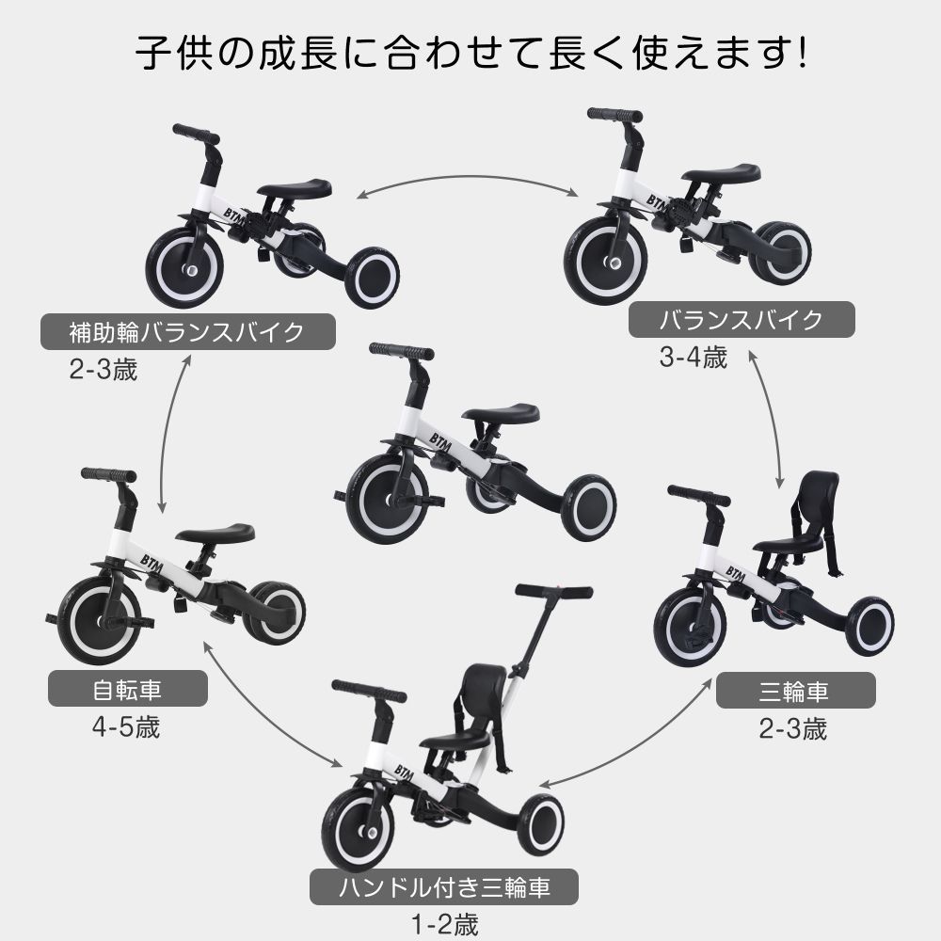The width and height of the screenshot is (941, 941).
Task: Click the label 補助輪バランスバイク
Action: (x=187, y=333)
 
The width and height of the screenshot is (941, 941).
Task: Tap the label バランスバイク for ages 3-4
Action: (x=741, y=320)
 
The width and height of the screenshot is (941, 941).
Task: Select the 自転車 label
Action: (x=127, y=692)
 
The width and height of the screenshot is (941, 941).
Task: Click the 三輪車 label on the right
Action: (x=795, y=693)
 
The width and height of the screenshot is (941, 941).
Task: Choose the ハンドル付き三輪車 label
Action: (x=443, y=886)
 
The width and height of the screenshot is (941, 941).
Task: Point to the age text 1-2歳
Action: (x=442, y=922)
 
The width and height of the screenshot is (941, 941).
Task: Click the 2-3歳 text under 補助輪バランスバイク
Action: (x=104, y=370)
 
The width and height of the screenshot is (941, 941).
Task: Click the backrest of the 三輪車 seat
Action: (x=817, y=499)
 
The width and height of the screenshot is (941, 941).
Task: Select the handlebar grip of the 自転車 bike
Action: (x=107, y=474)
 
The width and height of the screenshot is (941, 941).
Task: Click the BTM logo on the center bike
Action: (x=441, y=441)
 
